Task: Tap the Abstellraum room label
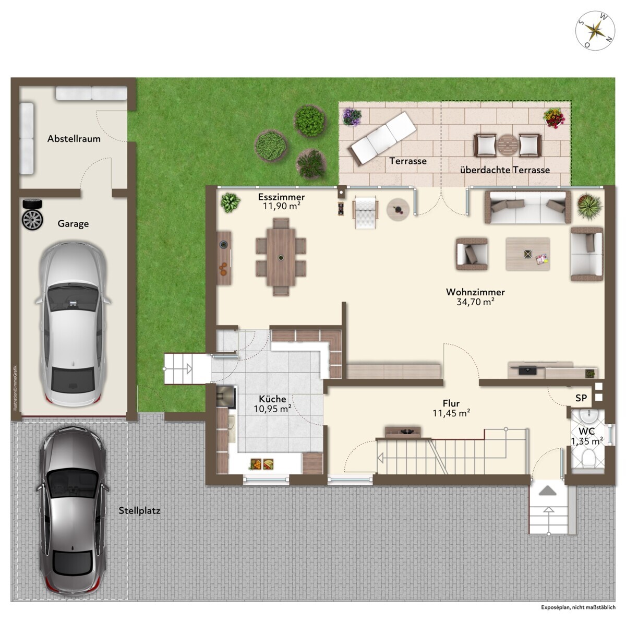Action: click(x=74, y=139)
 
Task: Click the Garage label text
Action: click(x=73, y=224)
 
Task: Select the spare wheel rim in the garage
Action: click(x=32, y=220)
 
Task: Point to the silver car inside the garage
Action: click(x=73, y=324)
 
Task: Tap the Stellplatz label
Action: click(x=139, y=510)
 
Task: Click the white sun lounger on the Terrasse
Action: click(x=382, y=138)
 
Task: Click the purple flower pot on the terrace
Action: click(x=352, y=117)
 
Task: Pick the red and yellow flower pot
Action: click(x=554, y=118)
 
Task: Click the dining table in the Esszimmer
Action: click(x=281, y=257)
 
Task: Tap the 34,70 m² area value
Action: click(x=476, y=302)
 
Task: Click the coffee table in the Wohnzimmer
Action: click(x=527, y=254)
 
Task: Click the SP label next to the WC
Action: click(x=581, y=398)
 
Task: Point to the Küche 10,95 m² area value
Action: click(x=272, y=409)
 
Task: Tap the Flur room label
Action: click(x=451, y=403)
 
